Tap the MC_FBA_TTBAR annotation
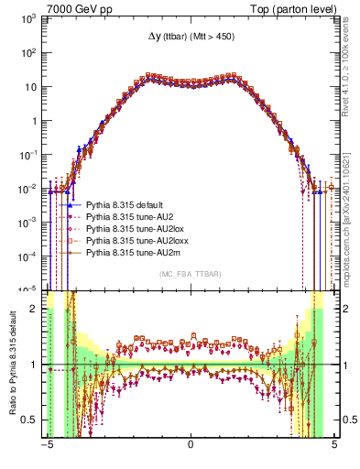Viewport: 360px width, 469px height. [x=191, y=274]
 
